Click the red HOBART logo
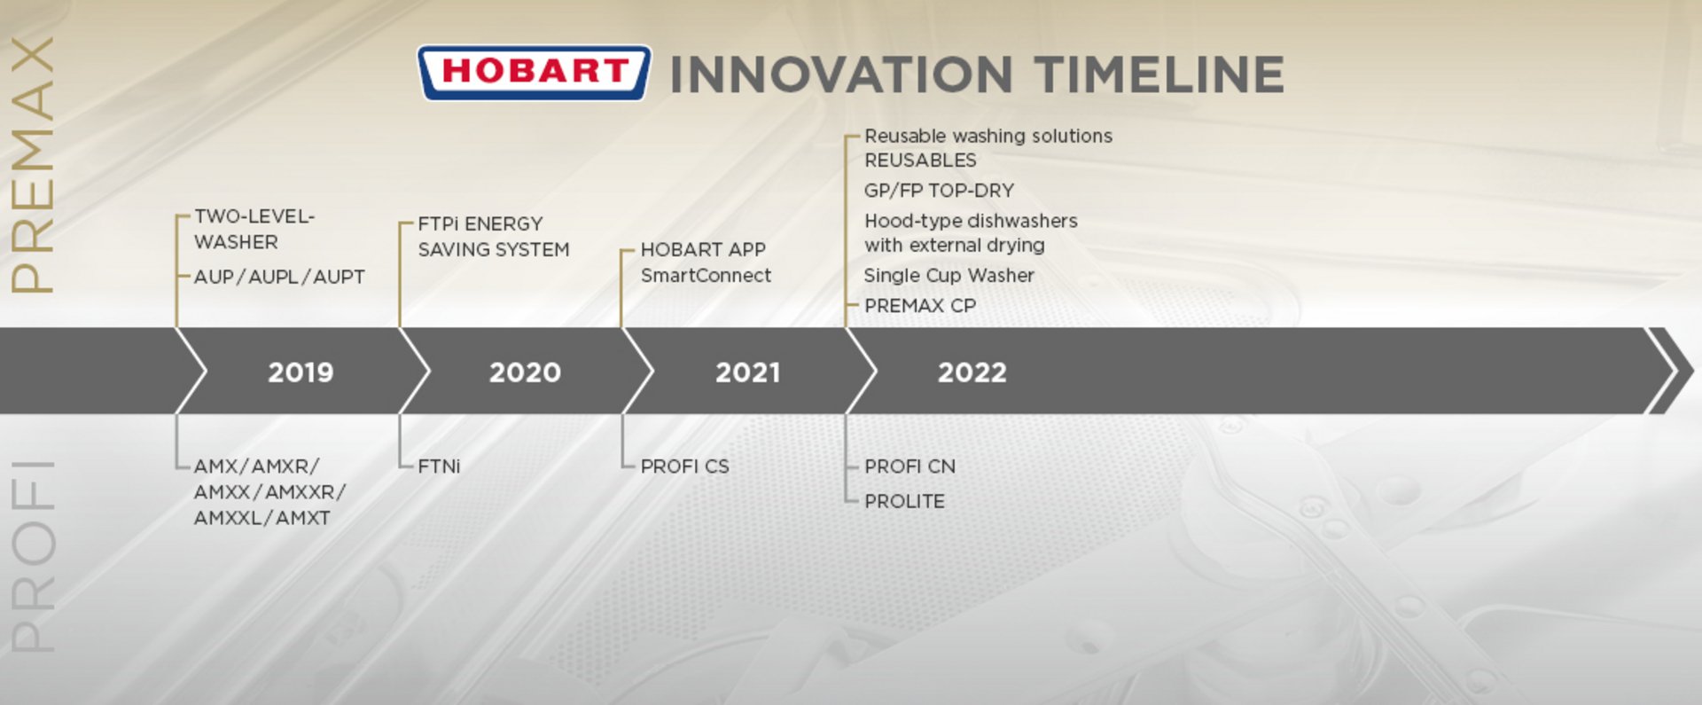coord(535,73)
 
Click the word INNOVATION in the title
coord(841,74)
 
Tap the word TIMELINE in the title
coord(1159,74)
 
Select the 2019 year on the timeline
coord(301,372)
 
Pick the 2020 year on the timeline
coord(525,372)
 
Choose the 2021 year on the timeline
coord(748,372)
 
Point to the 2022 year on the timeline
coord(972,372)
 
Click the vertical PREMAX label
coord(33,165)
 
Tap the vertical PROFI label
coord(33,556)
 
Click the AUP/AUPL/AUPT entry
coord(279,277)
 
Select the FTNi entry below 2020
coord(439,466)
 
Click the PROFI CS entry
coord(685,466)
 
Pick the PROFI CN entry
coord(910,466)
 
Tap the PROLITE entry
coord(904,501)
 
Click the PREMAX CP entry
coord(920,306)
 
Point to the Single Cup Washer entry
coord(949,276)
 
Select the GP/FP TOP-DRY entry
coord(939,191)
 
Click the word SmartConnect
coord(706,276)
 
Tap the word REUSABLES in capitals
coord(920,161)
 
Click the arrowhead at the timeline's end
coord(1672,371)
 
